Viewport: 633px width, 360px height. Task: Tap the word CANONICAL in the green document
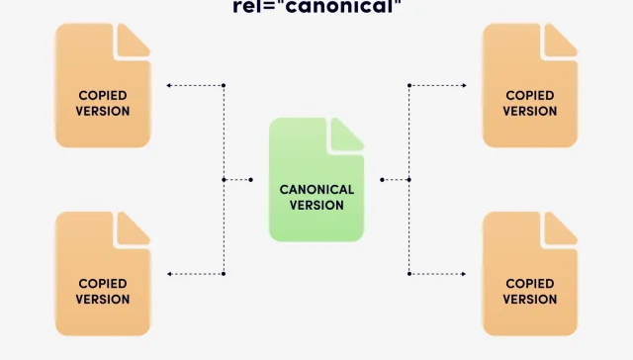(316, 189)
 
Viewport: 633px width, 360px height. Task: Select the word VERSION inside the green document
(316, 205)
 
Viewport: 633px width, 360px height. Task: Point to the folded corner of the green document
(347, 135)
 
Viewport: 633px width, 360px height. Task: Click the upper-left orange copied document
(103, 85)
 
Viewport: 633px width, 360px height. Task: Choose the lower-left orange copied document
(103, 273)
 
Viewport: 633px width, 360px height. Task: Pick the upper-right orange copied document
(529, 85)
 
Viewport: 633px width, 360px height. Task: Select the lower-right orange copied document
(529, 273)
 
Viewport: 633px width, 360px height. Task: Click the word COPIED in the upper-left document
(103, 96)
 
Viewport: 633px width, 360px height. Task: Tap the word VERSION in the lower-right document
(530, 299)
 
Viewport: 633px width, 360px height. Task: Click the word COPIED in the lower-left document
(103, 284)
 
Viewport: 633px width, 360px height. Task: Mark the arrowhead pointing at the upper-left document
(169, 86)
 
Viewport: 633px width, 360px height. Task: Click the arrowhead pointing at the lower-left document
(169, 274)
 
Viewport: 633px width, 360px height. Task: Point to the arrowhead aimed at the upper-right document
(464, 86)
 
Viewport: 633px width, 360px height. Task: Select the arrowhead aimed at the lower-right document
(464, 274)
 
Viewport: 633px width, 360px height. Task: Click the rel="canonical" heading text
(316, 7)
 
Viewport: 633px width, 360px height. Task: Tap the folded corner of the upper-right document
(560, 41)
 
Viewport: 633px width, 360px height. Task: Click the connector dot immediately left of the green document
(251, 180)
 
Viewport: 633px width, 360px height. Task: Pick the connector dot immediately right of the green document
(382, 180)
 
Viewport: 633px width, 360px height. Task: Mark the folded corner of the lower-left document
(134, 228)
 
